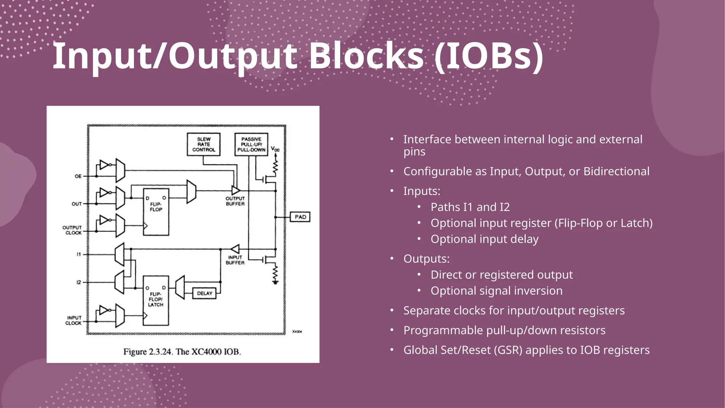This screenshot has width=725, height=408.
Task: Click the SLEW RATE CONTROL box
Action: click(204, 144)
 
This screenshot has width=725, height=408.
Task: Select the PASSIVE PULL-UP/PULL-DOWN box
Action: click(251, 144)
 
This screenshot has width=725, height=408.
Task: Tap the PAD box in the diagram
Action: click(300, 217)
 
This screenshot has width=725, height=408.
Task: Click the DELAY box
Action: click(205, 293)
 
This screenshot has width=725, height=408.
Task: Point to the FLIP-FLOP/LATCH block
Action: click(156, 300)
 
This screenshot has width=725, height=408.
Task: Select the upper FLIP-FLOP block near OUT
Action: click(156, 212)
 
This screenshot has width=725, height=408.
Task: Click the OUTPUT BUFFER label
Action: click(235, 201)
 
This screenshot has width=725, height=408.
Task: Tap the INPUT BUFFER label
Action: click(235, 260)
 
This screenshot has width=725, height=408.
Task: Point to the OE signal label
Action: click(78, 176)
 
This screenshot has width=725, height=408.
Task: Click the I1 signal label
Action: click(79, 254)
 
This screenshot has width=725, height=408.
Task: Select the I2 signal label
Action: click(79, 282)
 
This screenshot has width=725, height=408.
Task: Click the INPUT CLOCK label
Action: click(74, 321)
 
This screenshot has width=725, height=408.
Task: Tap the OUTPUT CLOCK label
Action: click(72, 230)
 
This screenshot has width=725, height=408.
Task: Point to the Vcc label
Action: click(275, 149)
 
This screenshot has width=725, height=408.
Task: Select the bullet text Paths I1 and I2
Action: click(470, 207)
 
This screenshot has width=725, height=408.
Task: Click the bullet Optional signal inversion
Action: click(496, 291)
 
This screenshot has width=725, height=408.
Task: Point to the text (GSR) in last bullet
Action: click(508, 350)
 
